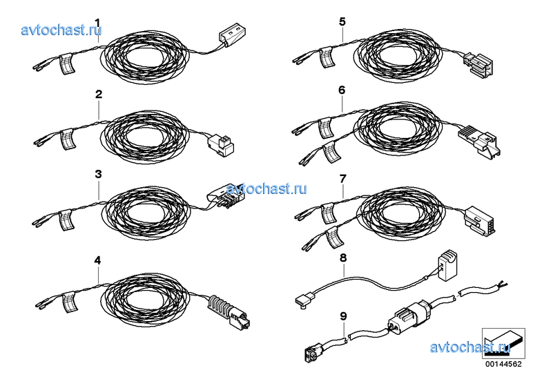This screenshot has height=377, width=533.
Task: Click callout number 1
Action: click(97, 23)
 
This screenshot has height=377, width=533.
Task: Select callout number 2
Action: click(99, 94)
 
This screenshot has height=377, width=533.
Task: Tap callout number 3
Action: click(98, 175)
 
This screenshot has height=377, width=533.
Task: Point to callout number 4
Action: click(97, 261)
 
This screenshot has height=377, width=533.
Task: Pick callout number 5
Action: click(342, 22)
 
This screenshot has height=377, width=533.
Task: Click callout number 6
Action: click(342, 90)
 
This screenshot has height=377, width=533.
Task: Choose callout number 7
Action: click(342, 179)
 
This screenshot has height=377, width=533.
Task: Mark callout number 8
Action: click(343, 258)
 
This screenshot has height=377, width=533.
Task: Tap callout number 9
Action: click(344, 316)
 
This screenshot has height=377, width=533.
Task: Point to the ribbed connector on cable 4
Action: click(229, 312)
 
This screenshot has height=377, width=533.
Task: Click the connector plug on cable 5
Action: click(478, 64)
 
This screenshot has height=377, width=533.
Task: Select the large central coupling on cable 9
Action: click(408, 315)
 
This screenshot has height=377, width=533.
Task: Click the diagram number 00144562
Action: click(503, 364)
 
